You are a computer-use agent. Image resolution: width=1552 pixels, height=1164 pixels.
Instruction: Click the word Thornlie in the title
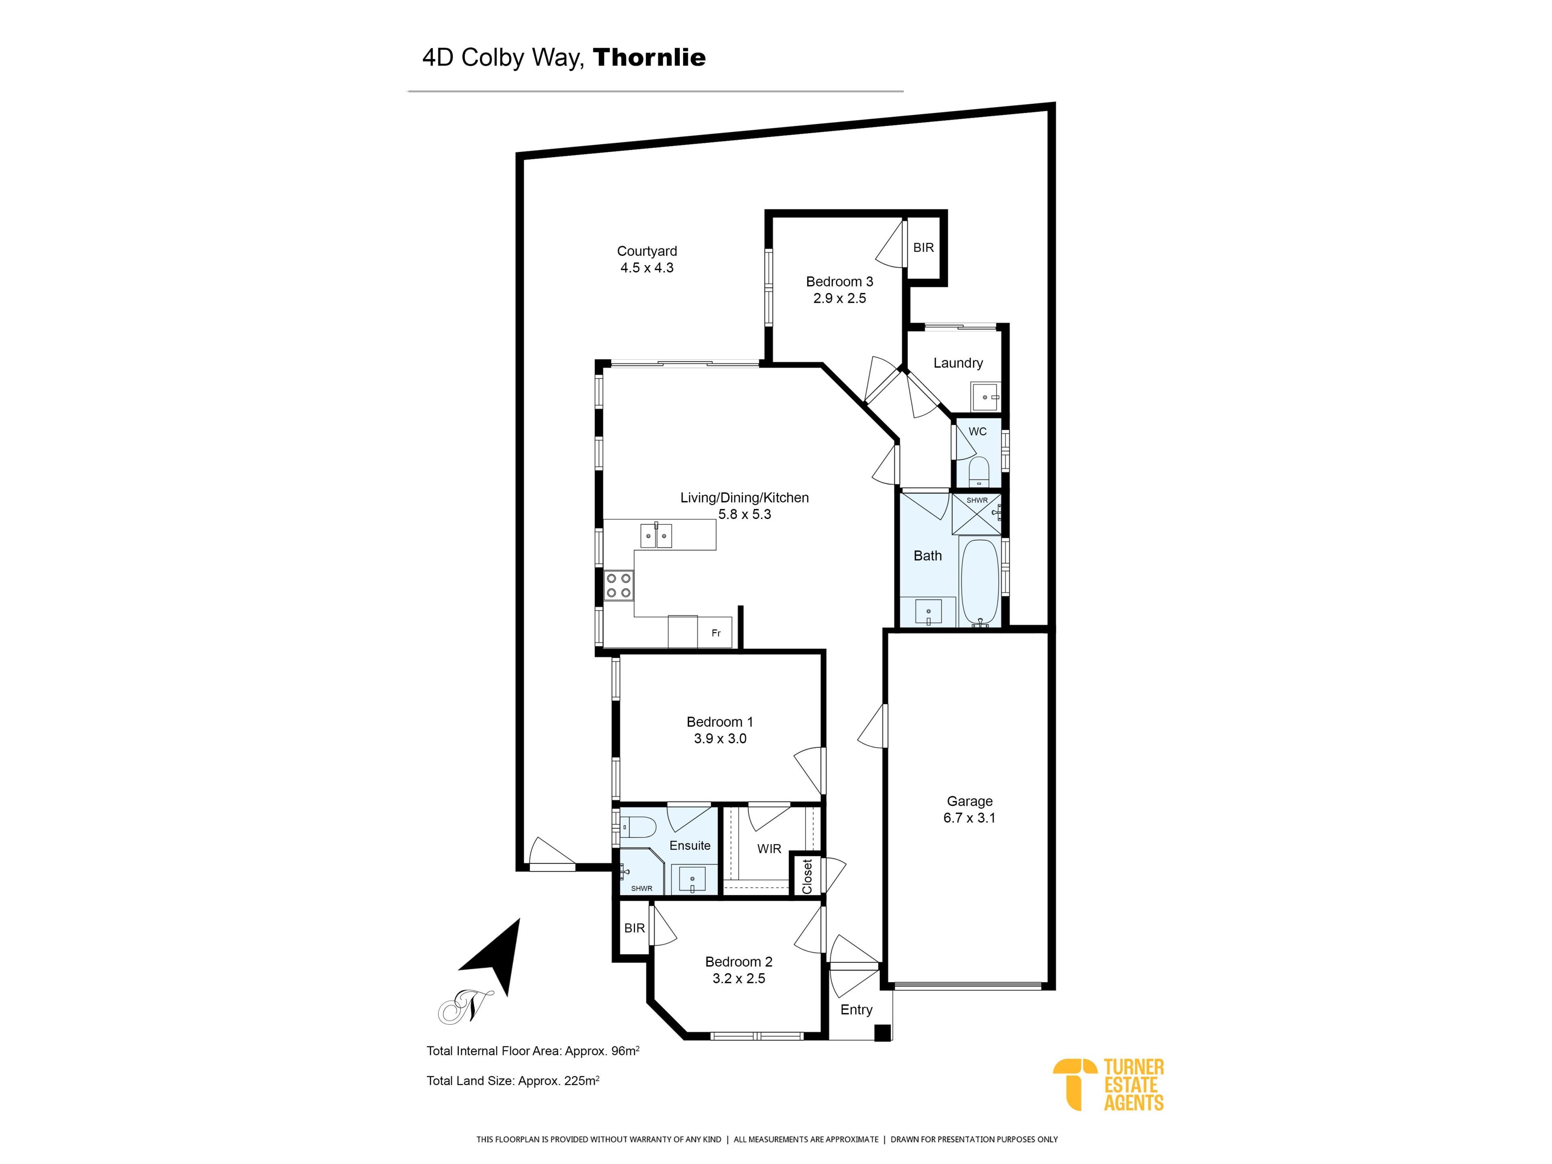649,57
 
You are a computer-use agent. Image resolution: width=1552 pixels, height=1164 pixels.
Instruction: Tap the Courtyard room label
647,251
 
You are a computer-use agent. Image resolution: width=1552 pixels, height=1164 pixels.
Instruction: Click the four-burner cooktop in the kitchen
619,585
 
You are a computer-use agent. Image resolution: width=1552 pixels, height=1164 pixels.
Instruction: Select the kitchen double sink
656,536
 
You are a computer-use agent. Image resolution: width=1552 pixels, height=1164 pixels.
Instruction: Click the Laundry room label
958,363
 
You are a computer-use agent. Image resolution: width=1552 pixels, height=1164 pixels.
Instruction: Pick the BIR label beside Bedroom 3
924,248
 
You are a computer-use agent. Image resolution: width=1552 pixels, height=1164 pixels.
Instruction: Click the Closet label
807,876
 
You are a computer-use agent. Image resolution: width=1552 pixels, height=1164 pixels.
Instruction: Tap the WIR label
769,849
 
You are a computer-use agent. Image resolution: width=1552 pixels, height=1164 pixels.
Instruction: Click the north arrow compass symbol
493,956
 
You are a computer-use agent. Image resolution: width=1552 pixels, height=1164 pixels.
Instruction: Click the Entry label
856,1010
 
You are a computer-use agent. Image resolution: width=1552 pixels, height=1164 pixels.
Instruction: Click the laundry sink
986,397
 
